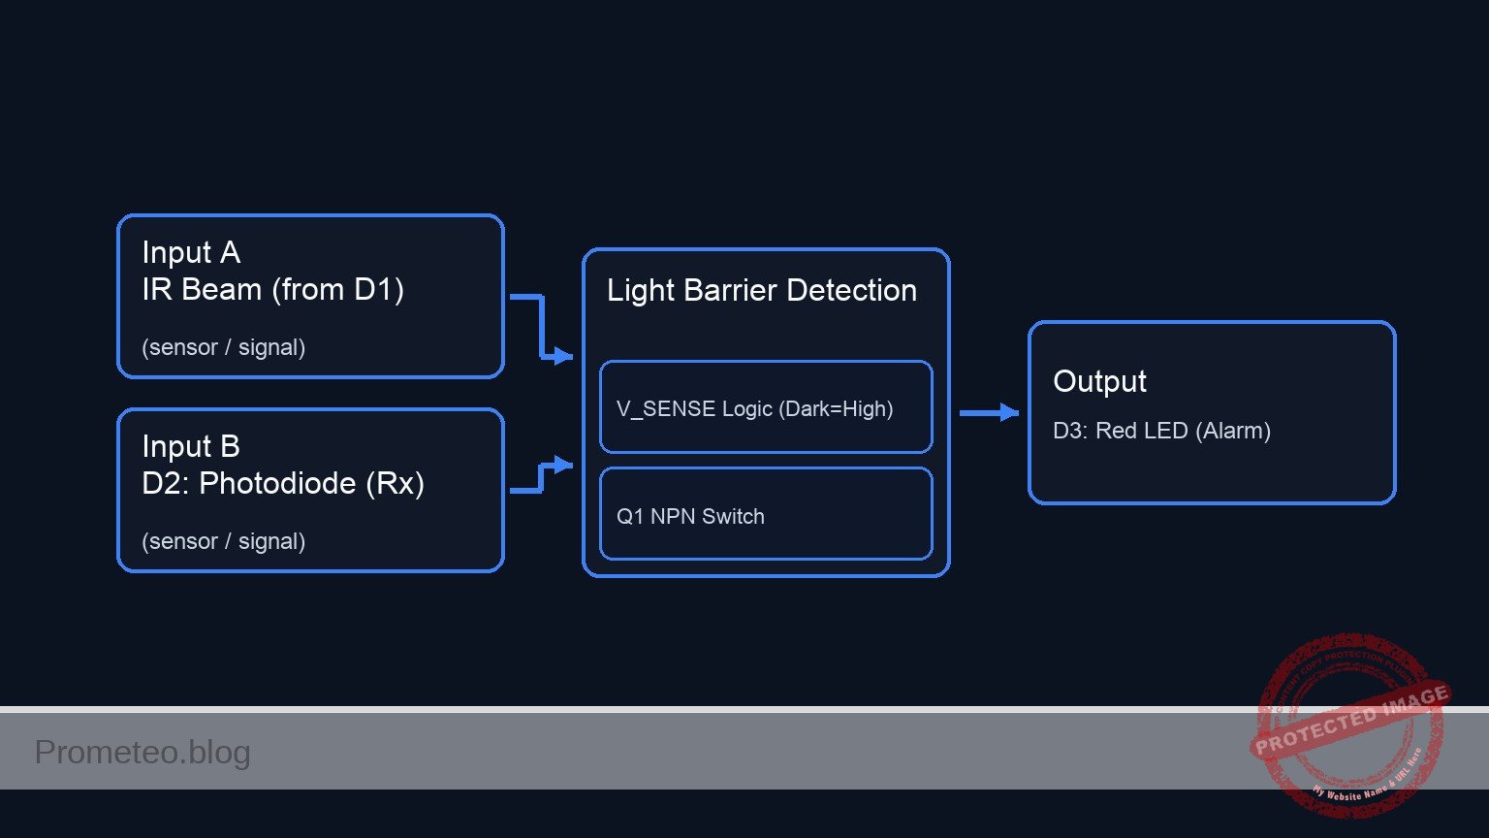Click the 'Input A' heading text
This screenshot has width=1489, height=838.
click(x=191, y=252)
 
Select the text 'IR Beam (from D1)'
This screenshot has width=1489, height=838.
click(x=272, y=289)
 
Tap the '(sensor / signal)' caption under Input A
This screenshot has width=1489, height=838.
click(x=223, y=347)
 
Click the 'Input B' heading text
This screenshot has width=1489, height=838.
click(x=191, y=446)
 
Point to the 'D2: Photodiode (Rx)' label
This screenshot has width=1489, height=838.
click(x=283, y=483)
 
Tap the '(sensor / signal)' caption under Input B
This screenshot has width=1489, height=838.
click(x=223, y=541)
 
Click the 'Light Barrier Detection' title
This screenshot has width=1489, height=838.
click(x=761, y=290)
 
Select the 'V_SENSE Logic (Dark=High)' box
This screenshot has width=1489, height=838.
click(x=766, y=407)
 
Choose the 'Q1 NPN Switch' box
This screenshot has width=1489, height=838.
click(x=766, y=515)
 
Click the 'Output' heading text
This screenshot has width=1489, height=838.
click(x=1099, y=381)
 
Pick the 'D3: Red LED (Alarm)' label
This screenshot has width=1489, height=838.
click(x=1161, y=431)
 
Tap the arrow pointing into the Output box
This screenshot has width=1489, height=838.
click(x=989, y=413)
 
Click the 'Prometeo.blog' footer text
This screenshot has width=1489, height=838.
click(x=143, y=752)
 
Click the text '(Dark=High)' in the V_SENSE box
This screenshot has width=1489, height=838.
click(x=836, y=408)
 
